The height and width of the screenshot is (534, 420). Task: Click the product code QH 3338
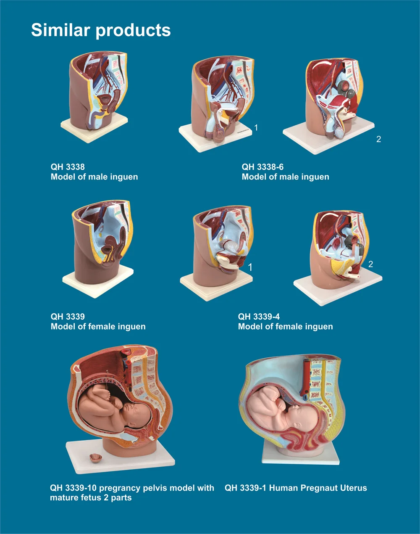pyautogui.click(x=68, y=167)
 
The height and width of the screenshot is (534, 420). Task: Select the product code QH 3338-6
pyautogui.click(x=262, y=167)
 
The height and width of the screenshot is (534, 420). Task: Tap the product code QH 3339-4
pyautogui.click(x=259, y=316)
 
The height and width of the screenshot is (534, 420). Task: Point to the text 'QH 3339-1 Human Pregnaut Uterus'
pyautogui.click(x=296, y=488)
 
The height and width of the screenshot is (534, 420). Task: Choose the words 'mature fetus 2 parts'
pyautogui.click(x=91, y=497)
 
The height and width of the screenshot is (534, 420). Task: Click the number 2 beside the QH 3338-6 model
pyautogui.click(x=378, y=139)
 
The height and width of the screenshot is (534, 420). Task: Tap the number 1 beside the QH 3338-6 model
pyautogui.click(x=256, y=127)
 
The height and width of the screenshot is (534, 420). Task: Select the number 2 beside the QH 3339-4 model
pyautogui.click(x=371, y=264)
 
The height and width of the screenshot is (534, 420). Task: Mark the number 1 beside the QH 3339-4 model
pyautogui.click(x=250, y=267)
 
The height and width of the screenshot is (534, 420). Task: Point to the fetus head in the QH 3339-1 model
pyautogui.click(x=304, y=419)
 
